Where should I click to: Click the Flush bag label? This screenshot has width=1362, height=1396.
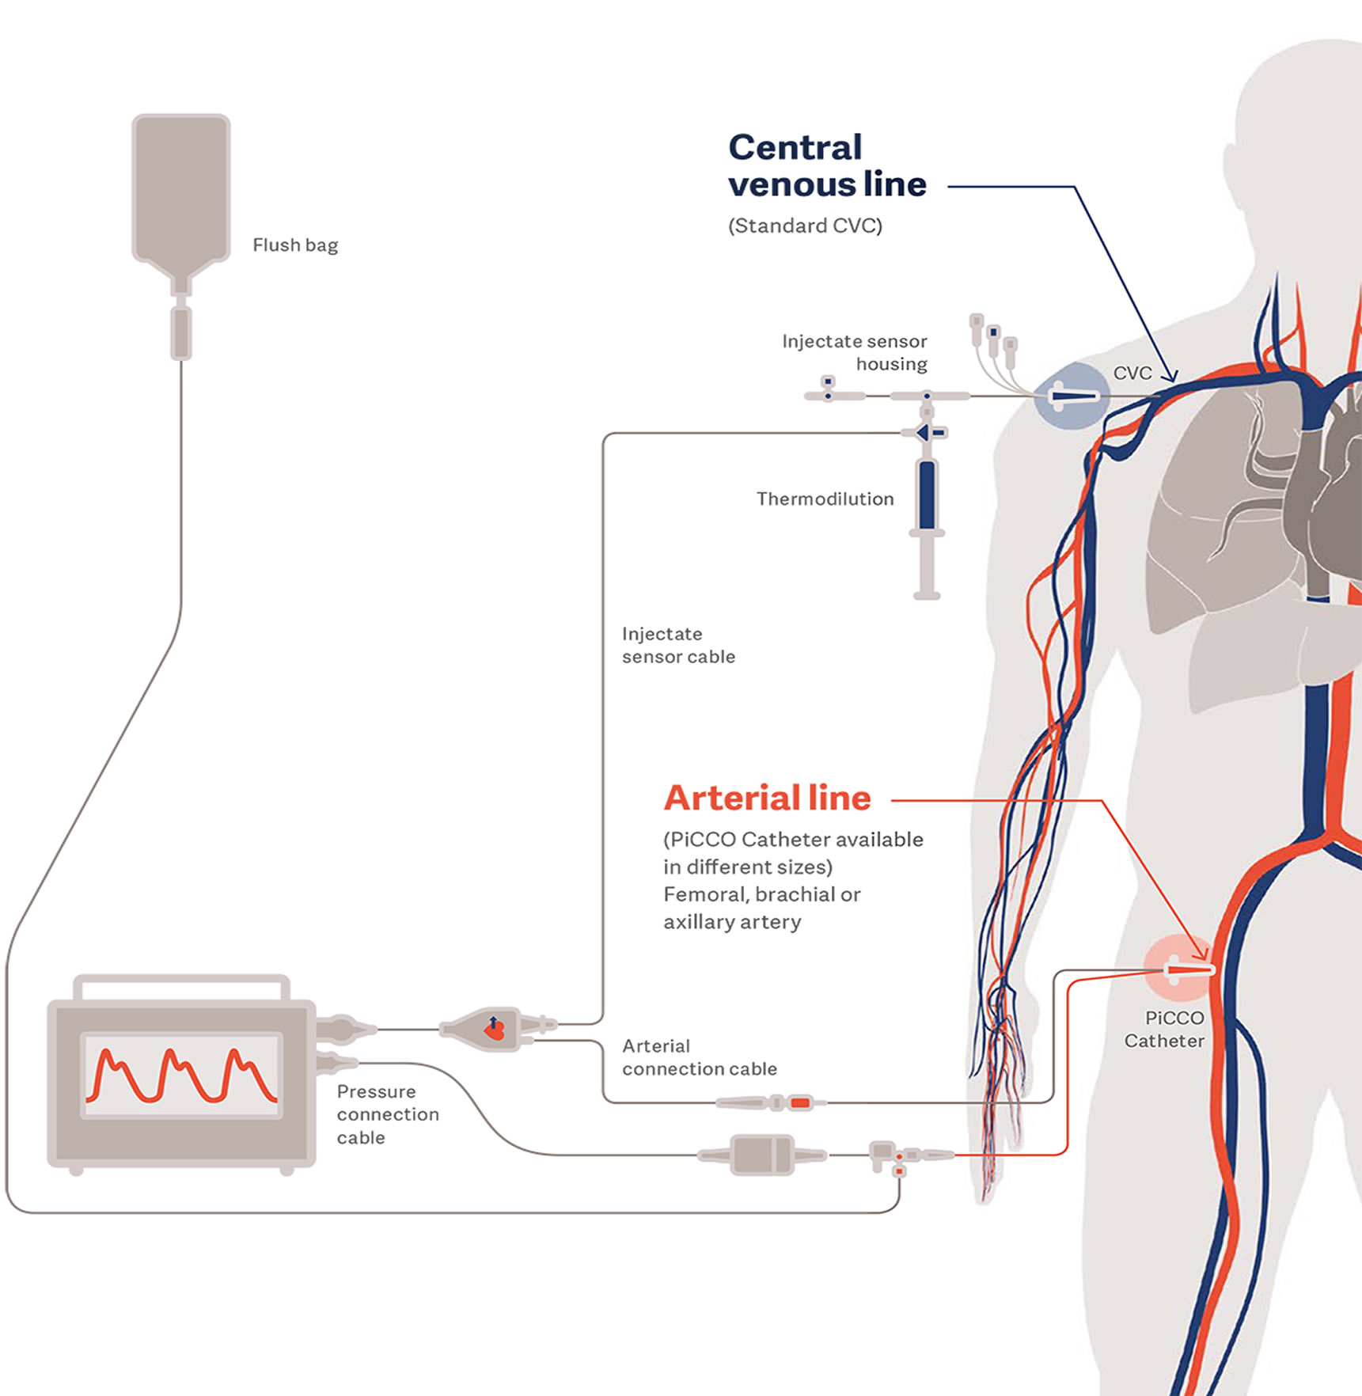click(x=295, y=245)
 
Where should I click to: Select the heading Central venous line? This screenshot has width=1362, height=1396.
click(x=826, y=165)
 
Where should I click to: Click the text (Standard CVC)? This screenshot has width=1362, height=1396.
click(x=805, y=226)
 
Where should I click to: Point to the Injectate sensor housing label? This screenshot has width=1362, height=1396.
click(x=855, y=352)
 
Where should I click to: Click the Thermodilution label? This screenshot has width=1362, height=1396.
click(x=825, y=499)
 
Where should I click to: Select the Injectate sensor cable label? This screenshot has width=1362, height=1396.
click(x=678, y=645)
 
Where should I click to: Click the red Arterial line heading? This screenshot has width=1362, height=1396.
click(x=767, y=799)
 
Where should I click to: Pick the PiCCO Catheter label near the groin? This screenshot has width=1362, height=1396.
click(x=1165, y=1030)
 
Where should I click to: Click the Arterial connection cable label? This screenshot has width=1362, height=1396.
click(x=699, y=1057)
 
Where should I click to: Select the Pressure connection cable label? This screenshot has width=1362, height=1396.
click(x=388, y=1114)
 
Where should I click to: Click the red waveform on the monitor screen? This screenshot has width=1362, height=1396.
click(x=181, y=1075)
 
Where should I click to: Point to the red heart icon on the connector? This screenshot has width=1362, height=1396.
click(x=495, y=1030)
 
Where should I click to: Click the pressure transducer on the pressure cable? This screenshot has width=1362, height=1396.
click(x=762, y=1155)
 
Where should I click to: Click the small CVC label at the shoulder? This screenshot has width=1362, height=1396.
click(x=1132, y=374)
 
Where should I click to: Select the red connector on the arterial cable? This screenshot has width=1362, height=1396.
click(x=800, y=1102)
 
